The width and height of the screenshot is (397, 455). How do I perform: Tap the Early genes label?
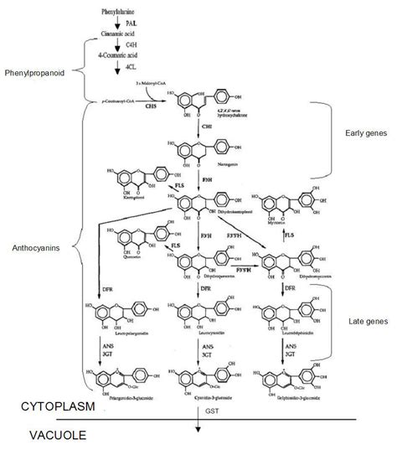pyautogui.click(x=365, y=133)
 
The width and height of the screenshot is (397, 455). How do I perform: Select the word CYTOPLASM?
pyautogui.click(x=55, y=406)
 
